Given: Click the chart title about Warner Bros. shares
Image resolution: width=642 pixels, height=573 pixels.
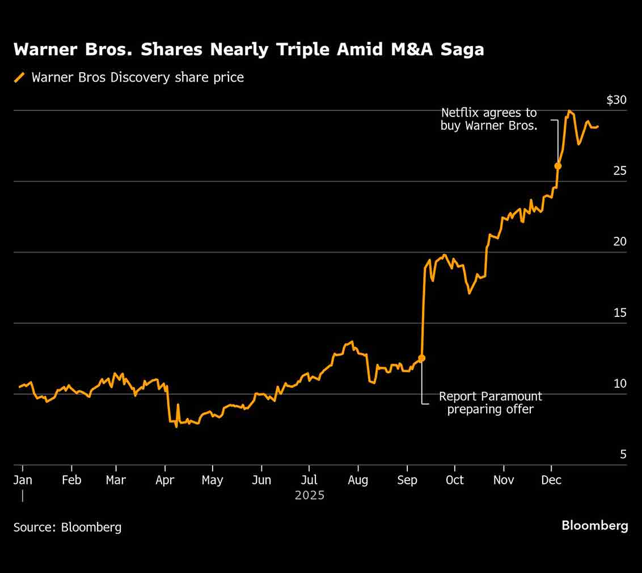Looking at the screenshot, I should click(x=248, y=50).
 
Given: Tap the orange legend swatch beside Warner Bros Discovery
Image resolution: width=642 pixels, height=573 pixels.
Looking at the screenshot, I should click(x=20, y=78).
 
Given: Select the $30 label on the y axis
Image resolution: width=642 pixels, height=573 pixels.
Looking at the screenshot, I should click(x=616, y=100).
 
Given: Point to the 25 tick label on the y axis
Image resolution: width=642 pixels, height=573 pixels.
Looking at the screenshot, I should click(x=619, y=171).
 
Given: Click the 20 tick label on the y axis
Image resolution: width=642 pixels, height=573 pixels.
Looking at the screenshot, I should click(x=619, y=242).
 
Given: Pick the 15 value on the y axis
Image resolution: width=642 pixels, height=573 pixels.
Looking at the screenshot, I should click(x=619, y=313).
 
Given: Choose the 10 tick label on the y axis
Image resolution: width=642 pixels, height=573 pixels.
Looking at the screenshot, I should click(x=619, y=384).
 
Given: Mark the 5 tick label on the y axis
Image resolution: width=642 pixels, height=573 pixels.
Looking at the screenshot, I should click(x=623, y=455).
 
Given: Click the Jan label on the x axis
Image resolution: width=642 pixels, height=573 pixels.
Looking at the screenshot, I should click(x=23, y=480).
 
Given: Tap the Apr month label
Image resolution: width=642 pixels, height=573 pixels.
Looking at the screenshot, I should click(x=164, y=480).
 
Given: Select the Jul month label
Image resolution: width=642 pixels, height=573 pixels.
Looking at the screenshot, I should click(x=309, y=480).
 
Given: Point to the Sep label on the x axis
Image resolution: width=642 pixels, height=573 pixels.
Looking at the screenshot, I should click(x=407, y=480).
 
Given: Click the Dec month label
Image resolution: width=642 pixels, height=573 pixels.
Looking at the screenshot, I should click(x=551, y=480).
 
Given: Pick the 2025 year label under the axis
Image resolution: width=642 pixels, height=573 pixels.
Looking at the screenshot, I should click(x=310, y=496).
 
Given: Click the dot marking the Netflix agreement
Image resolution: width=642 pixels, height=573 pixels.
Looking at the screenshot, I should click(x=558, y=166).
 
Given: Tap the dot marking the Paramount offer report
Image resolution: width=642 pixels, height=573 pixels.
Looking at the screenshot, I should click(x=421, y=358).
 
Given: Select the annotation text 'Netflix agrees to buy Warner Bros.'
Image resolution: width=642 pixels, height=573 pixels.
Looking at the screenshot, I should click(x=489, y=119).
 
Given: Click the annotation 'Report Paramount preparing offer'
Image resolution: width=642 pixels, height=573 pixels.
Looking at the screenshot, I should click(x=491, y=403).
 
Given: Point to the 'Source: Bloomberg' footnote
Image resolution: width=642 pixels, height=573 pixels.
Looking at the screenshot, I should click(x=67, y=527).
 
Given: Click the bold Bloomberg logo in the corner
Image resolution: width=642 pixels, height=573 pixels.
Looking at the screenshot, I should click(x=595, y=526).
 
